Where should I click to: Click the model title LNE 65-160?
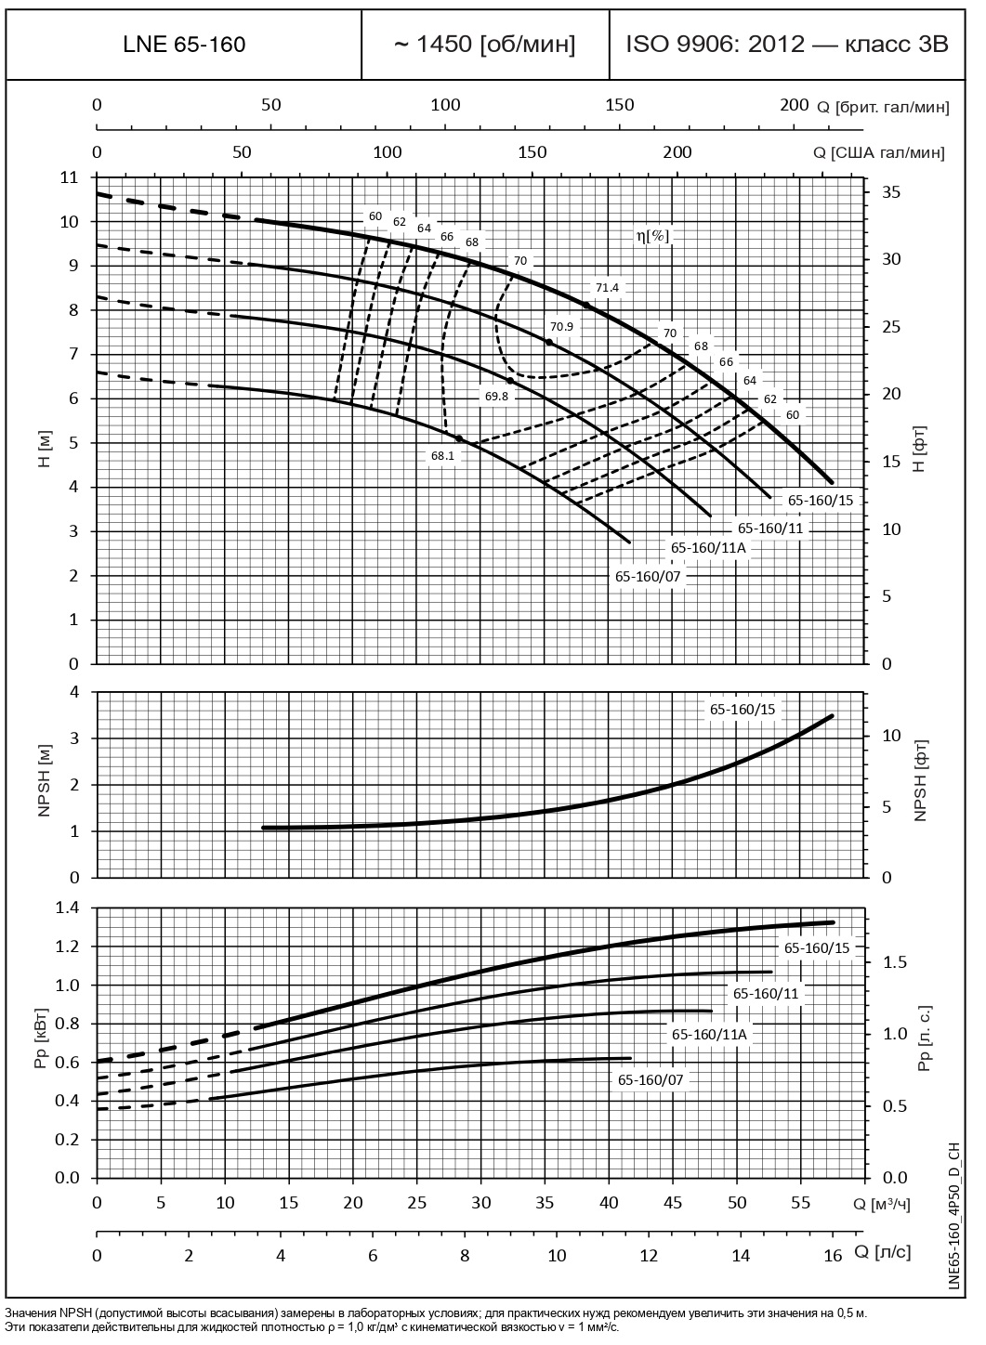coord(184,45)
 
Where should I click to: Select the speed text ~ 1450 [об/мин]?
coord(485,45)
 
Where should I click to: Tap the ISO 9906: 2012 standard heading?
coord(787,45)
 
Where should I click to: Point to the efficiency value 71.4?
coord(607,288)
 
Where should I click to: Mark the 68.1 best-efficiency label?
coord(442,456)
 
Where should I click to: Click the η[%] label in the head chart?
coord(652,236)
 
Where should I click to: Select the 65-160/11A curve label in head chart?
coord(708,547)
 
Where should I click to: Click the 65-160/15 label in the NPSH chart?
coord(742,710)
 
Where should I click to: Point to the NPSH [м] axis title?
coord(44,784)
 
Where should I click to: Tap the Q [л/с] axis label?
coord(882,1251)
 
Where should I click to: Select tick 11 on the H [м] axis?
coord(69,177)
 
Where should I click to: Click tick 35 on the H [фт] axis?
coord(891,192)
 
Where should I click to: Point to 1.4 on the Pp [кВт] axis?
coord(68,908)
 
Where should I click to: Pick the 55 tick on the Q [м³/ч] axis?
coord(801,1203)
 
